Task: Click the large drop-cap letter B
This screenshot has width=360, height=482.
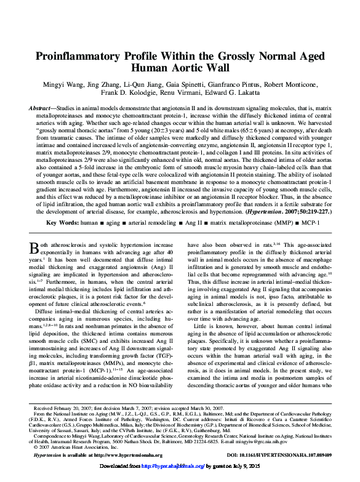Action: click(x=35, y=249)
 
